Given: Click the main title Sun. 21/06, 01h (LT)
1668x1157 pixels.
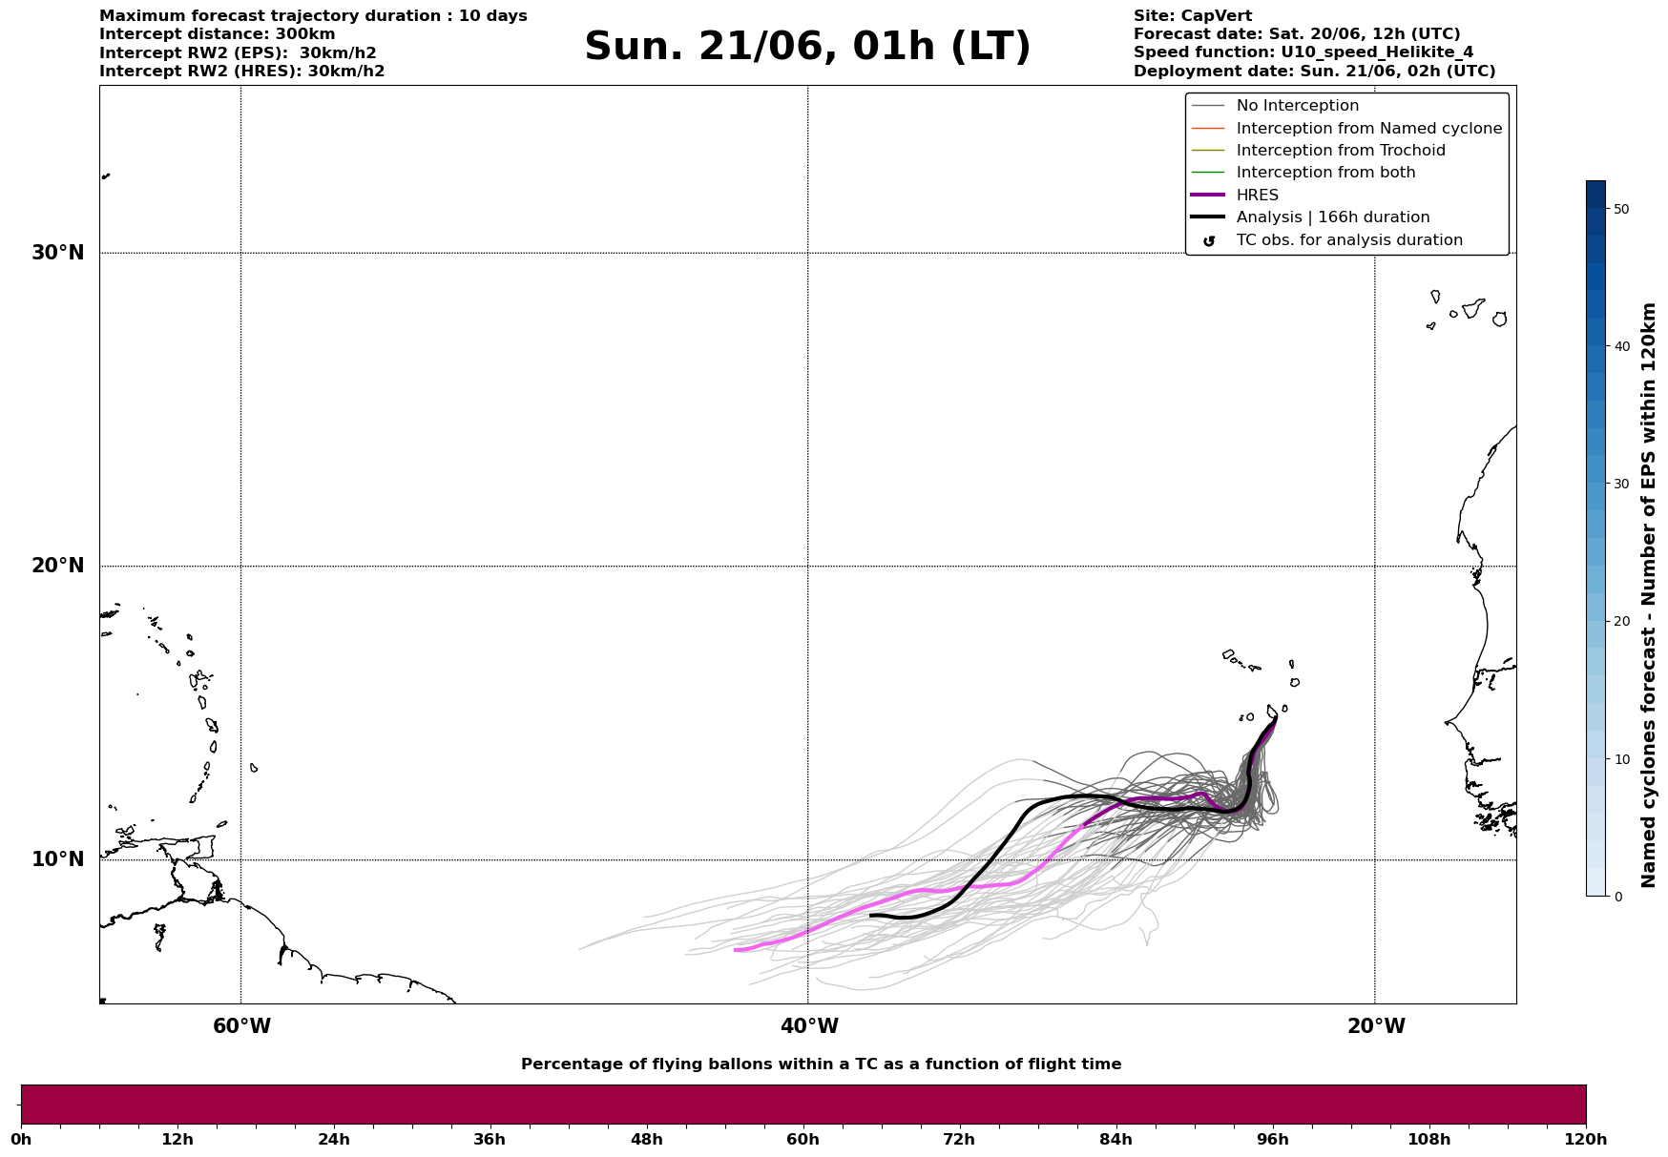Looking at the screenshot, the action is coord(807,47).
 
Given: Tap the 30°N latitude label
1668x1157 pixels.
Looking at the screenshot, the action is coord(58,253).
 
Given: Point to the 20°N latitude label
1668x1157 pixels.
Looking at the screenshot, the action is coord(58,566).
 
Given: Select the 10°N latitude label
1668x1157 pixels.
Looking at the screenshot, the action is coord(58,859).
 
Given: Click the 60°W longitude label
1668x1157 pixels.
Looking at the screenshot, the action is coord(241,1026).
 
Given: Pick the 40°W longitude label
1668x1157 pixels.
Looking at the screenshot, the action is coord(809,1026).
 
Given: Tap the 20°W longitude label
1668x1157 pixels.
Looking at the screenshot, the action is coord(1376,1026).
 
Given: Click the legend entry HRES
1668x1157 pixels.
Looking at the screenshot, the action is coord(1258,195).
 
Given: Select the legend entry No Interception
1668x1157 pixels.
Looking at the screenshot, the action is coord(1298,106).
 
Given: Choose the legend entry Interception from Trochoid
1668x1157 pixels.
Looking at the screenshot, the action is coord(1341,151).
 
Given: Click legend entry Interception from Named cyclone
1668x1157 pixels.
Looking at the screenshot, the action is coord(1369,129).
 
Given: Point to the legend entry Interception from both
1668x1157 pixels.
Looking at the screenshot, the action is coord(1326,173).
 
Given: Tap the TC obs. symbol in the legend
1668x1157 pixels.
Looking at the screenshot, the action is coord(1209,241).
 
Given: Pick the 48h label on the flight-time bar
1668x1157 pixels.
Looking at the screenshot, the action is coord(646,1140).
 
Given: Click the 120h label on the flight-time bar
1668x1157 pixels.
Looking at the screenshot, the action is coord(1586,1140).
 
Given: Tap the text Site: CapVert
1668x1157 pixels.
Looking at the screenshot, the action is coord(1193,16).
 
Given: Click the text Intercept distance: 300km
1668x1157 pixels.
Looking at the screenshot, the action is coord(218,34).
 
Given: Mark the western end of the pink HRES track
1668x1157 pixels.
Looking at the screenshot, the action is coord(735,950).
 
